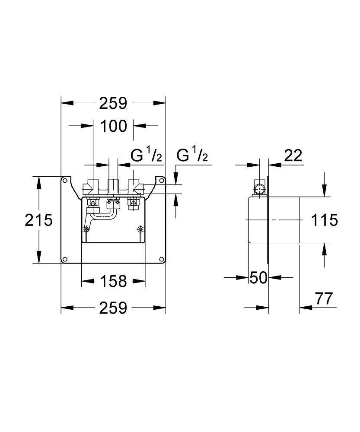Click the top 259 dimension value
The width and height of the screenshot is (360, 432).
pos(113,104)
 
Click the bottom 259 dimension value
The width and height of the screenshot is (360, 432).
pos(113,308)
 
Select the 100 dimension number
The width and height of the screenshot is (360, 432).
pos(113,126)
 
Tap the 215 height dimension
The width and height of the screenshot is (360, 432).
pos(38,220)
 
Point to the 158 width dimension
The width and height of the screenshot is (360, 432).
pos(113,282)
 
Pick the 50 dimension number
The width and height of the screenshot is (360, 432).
pos(258,278)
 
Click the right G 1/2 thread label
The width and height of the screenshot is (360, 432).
pos(192,156)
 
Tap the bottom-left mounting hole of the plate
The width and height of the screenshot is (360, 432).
pos(65,259)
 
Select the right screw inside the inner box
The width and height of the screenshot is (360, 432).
pos(140,229)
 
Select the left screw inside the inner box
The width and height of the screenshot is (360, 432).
pos(87,229)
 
